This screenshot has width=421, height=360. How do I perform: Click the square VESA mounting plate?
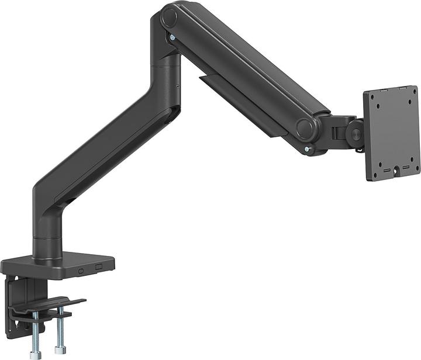click(391, 133)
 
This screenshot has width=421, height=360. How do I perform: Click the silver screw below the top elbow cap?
click(172, 37)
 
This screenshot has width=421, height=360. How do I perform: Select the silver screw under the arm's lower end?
click(306, 150)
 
